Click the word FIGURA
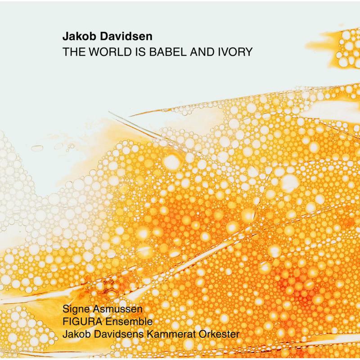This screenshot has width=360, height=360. pos(79,322)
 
